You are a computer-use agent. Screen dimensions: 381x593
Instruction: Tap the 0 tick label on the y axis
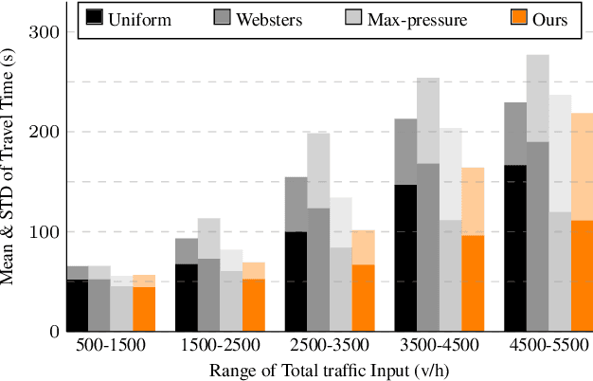click(53, 332)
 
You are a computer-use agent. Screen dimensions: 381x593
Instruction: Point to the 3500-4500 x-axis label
click(439, 346)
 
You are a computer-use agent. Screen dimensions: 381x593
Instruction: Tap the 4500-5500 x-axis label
click(548, 346)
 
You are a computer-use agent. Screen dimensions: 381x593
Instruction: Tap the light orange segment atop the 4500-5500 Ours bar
click(582, 167)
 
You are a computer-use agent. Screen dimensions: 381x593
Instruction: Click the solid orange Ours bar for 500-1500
click(142, 309)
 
